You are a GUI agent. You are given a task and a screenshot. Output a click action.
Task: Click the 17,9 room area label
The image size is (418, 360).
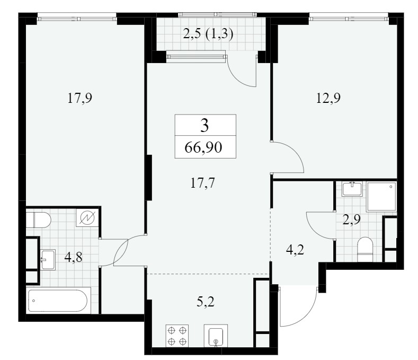pyautogui.click(x=79, y=98)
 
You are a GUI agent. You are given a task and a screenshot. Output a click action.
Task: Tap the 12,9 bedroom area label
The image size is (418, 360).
pyautogui.click(x=328, y=98)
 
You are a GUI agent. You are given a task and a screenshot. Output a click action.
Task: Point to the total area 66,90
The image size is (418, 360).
pyautogui.click(x=203, y=147)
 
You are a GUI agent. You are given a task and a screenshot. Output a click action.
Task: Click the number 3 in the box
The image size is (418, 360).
pyautogui.click(x=204, y=126)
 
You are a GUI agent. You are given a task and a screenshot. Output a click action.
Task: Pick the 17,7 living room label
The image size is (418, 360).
pyautogui.click(x=202, y=183)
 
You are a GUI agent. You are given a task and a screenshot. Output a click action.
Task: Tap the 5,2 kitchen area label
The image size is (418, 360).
pyautogui.click(x=206, y=302)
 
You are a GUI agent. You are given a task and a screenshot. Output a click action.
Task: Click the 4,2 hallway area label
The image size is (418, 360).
pyautogui.click(x=295, y=250)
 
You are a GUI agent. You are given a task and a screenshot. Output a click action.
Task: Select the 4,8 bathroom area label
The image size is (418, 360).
pyautogui.click(x=74, y=258)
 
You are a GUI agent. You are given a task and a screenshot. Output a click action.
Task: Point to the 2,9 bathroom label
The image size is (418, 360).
pyautogui.click(x=351, y=219)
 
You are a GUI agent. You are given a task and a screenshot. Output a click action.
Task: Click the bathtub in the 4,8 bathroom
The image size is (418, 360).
pyautogui.click(x=58, y=301)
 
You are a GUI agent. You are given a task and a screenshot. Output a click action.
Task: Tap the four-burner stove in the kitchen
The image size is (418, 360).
pyautogui.click(x=177, y=336)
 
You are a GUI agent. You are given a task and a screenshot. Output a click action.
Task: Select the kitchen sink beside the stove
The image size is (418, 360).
pyautogui.click(x=216, y=336)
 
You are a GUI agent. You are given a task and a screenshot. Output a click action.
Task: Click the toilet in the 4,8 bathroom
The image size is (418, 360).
pyautogui.click(x=38, y=220)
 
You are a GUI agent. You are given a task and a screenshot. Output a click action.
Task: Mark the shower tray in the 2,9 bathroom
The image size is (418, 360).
pyautogui.click(x=381, y=197)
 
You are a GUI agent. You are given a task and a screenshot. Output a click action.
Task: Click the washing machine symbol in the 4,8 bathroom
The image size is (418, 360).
pyautogui.click(x=87, y=218)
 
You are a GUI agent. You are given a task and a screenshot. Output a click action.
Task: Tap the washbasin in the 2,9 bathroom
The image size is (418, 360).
pyautogui.click(x=352, y=189)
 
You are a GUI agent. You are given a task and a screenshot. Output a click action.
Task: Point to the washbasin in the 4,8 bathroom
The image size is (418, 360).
pyautogui.click(x=48, y=260)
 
